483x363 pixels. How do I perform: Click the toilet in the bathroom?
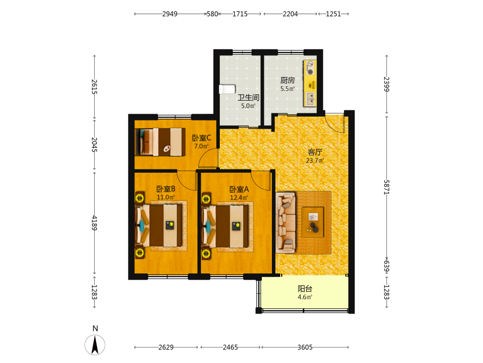(x=227, y=90)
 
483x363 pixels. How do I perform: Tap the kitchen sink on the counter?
(x=310, y=99)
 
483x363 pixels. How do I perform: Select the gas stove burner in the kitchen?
(x=310, y=68)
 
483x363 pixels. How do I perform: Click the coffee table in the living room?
(x=313, y=222)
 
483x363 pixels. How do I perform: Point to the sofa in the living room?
(x=285, y=223)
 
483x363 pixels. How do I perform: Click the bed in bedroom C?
(x=160, y=142)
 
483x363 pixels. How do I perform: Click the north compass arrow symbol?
(x=95, y=345)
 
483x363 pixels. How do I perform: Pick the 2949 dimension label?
(x=170, y=14)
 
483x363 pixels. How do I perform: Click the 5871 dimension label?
(x=386, y=187)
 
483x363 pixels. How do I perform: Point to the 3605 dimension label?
(x=305, y=347)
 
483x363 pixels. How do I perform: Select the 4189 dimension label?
(x=94, y=223)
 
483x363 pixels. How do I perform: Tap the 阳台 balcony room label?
(x=305, y=288)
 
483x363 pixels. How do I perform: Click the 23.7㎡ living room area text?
(x=315, y=161)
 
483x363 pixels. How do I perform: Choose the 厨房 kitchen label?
(x=288, y=80)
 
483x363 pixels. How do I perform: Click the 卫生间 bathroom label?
(x=248, y=98)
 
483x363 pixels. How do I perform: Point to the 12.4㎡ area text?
(x=239, y=197)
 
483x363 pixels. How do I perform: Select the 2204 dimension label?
(x=290, y=14)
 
